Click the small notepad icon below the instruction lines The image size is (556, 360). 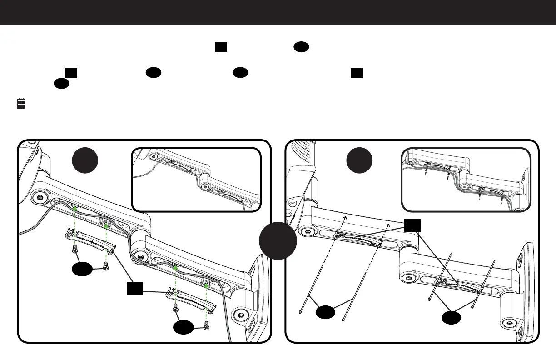[21, 104]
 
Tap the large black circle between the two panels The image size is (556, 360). [278, 240]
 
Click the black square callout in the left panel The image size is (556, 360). [135, 288]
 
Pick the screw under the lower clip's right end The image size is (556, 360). [207, 325]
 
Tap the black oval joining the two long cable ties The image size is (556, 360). [326, 313]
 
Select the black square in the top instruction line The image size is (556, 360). [221, 47]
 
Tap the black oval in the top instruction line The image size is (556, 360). [302, 47]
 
